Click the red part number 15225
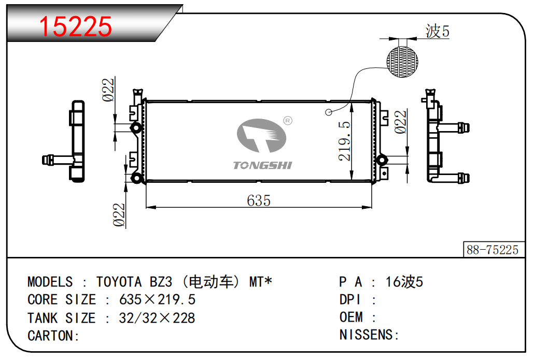click(x=75, y=26)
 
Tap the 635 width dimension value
click(x=259, y=200)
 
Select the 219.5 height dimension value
click(x=344, y=141)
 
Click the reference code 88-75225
click(x=493, y=250)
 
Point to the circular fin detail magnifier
click(x=402, y=62)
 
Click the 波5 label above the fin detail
click(x=437, y=31)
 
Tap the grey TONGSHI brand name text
click(x=262, y=165)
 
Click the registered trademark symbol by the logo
click(x=288, y=121)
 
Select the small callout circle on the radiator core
click(x=329, y=112)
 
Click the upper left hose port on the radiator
click(x=136, y=128)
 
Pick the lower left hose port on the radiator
click(x=136, y=178)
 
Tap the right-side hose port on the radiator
click(x=382, y=160)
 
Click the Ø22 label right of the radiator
click(x=400, y=122)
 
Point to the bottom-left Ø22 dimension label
click(x=119, y=215)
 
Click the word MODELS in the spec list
click(x=50, y=282)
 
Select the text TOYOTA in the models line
click(x=119, y=282)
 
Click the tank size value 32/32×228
click(x=157, y=318)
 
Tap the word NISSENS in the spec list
click(x=366, y=335)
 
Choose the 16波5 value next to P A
click(x=404, y=282)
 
